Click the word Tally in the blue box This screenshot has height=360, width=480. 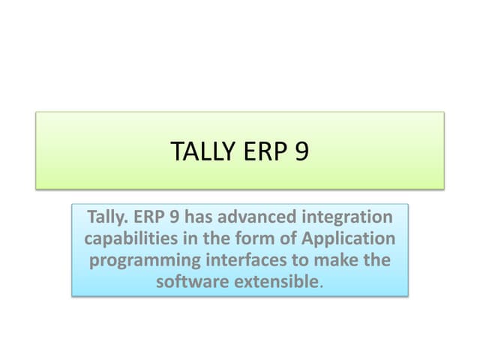(109, 217)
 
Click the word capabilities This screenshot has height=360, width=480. (132, 240)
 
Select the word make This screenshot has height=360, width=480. (335, 261)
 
